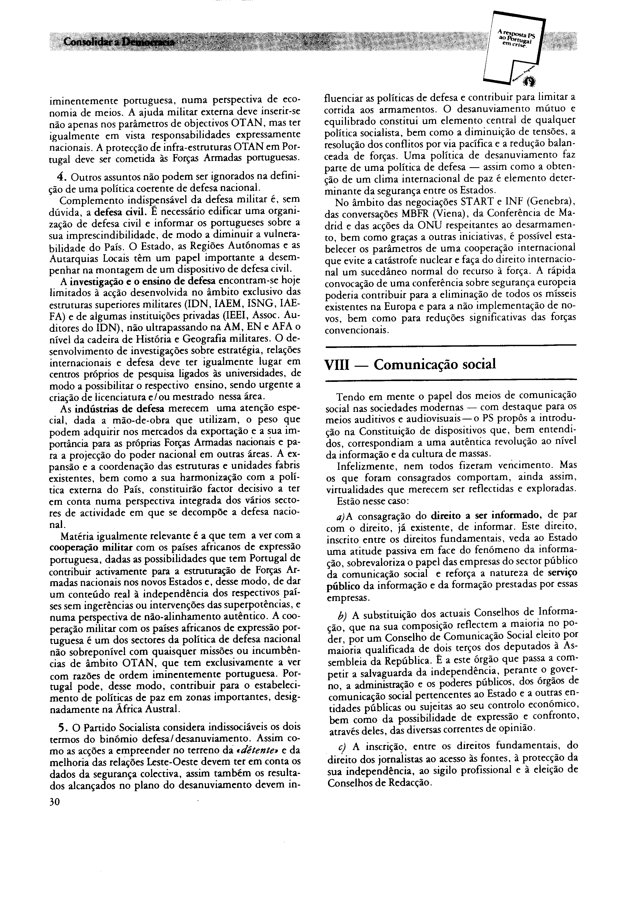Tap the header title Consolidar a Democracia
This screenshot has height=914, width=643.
coord(119,41)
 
